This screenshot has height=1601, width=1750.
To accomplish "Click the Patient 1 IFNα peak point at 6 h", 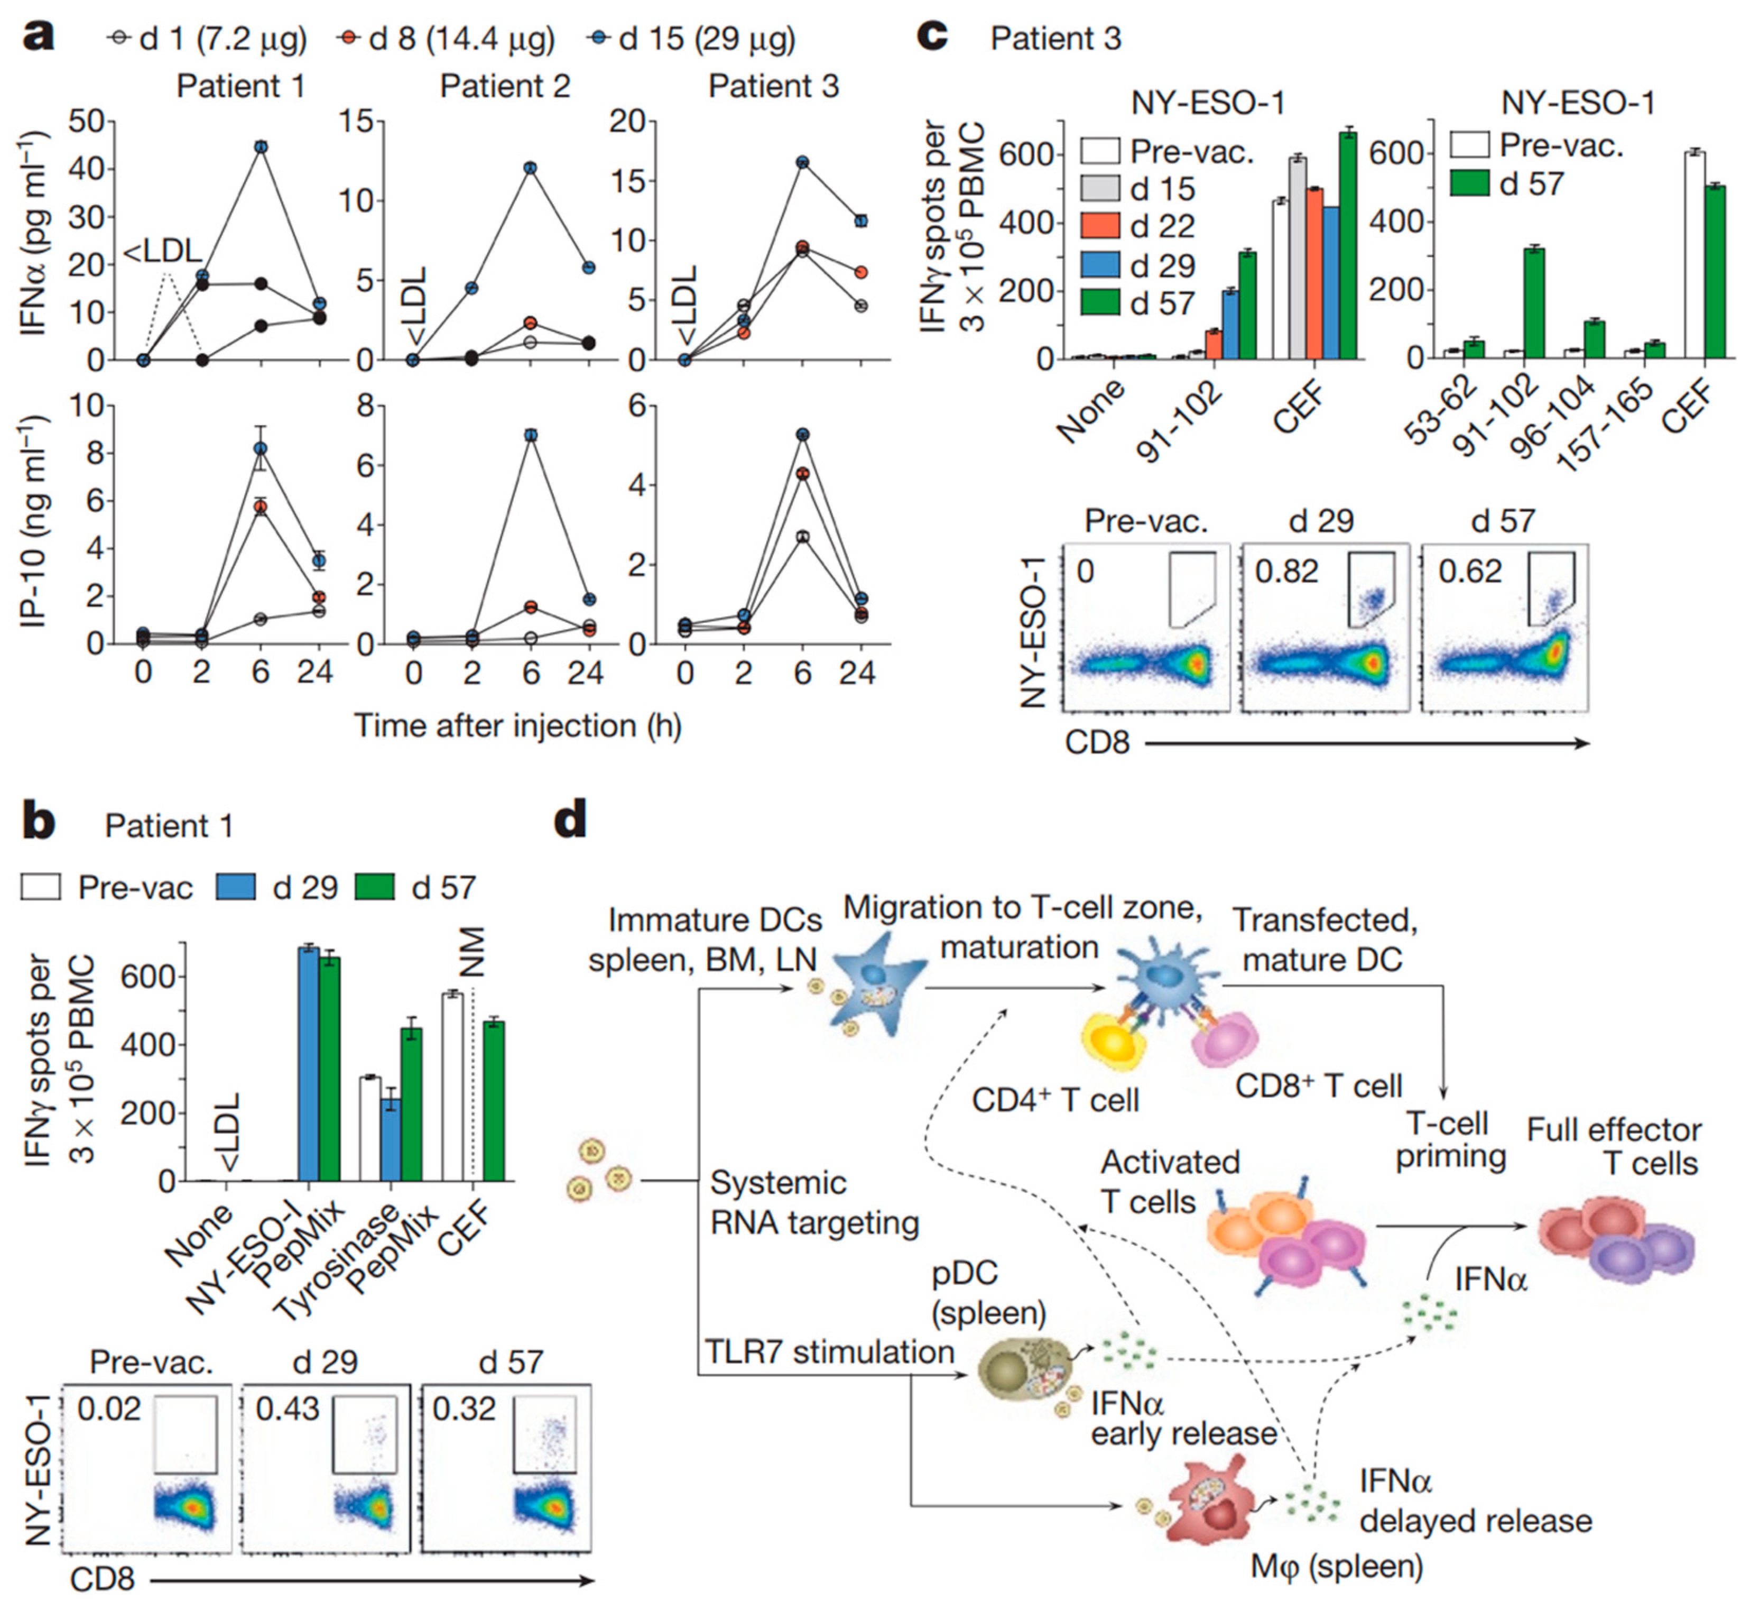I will point(261,147).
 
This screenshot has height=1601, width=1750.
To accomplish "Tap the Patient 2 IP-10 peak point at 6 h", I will point(530,435).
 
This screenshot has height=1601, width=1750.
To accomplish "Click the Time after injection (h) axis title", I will point(517,726).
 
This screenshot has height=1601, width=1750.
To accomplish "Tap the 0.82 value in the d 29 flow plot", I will point(1286,571).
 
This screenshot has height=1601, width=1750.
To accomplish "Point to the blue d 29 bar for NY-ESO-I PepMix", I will point(308,1064).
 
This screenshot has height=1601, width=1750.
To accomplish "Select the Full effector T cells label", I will point(1614,1146).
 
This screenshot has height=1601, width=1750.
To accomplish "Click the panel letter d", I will point(570,820).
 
